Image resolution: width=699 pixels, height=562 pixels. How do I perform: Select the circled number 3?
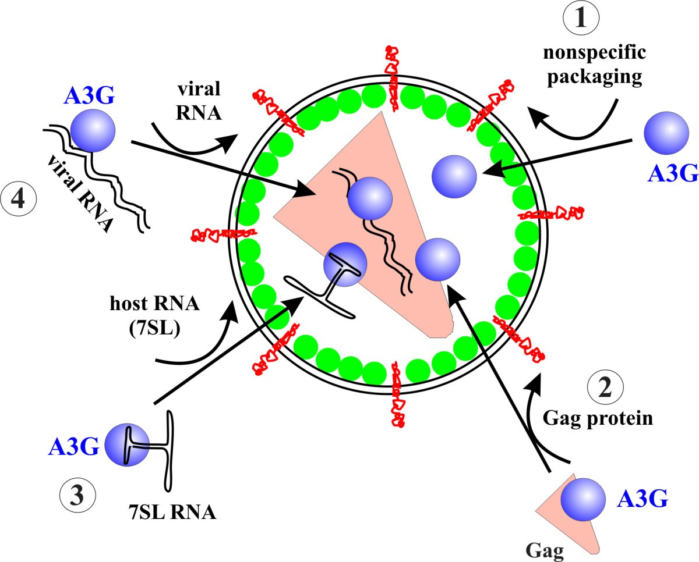77,498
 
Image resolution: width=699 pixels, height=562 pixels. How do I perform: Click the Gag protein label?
606,418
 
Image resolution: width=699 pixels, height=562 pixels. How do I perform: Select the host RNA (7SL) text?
146,317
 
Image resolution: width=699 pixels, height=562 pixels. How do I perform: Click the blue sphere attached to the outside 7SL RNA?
125,444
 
